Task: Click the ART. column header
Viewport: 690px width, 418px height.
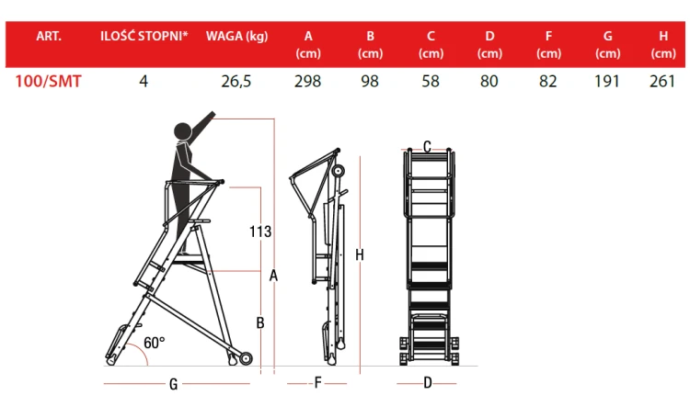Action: (49, 36)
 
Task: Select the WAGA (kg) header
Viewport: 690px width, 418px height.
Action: (236, 37)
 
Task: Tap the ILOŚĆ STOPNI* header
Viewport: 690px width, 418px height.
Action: (144, 36)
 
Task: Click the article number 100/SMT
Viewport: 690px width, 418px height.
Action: (49, 82)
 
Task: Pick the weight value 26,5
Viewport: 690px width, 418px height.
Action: (236, 82)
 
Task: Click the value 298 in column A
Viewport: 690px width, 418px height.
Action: (308, 82)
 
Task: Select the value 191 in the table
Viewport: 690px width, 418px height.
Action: (607, 82)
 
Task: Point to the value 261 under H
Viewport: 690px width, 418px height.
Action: (662, 82)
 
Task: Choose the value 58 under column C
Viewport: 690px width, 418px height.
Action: (431, 82)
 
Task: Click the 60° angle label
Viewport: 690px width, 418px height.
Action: (155, 343)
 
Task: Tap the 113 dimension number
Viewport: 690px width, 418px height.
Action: (260, 232)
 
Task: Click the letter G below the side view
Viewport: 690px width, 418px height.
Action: (173, 384)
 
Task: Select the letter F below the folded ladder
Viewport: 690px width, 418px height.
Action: (317, 383)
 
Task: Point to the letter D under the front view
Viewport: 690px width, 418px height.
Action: (428, 383)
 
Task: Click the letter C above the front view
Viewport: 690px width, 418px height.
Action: (427, 146)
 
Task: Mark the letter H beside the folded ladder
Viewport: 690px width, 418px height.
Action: (360, 254)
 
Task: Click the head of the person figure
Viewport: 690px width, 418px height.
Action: (183, 131)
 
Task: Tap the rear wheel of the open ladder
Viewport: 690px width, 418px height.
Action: (246, 358)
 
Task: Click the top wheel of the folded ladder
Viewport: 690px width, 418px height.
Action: (338, 171)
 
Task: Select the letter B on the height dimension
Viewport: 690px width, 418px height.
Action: (260, 323)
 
